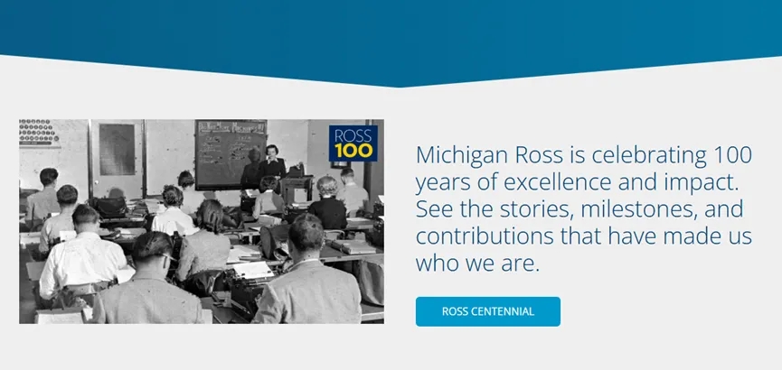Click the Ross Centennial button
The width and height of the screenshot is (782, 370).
point(488,311)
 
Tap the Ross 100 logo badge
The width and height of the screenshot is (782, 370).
point(353,143)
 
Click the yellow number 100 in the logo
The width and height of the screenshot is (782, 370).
point(353,151)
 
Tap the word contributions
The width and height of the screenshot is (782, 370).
point(485,236)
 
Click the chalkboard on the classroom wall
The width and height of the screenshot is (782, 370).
point(231,154)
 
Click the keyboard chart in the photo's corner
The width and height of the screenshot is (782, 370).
point(40,133)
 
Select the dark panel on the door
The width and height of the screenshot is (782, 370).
point(117,149)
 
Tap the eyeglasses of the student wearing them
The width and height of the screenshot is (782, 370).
point(168,257)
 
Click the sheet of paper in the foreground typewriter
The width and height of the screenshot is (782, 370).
point(253,270)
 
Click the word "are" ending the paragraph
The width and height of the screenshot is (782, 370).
point(523,264)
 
